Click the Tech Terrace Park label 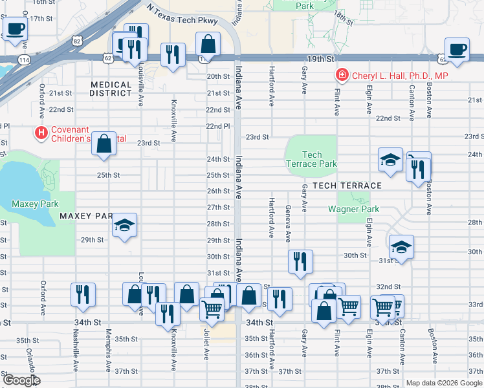[x=311, y=159]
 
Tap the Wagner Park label [x=353, y=209]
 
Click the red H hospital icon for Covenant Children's [x=41, y=133]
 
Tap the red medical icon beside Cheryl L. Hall [x=342, y=76]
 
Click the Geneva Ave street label [x=288, y=222]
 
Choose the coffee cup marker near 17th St [x=16, y=28]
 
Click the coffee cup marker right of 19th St [x=457, y=49]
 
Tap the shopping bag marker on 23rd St [x=104, y=144]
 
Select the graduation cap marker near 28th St [x=124, y=225]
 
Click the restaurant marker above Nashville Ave [x=83, y=294]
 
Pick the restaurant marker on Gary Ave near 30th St [x=300, y=261]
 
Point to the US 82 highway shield [x=78, y=41]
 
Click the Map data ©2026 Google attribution [x=444, y=383]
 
